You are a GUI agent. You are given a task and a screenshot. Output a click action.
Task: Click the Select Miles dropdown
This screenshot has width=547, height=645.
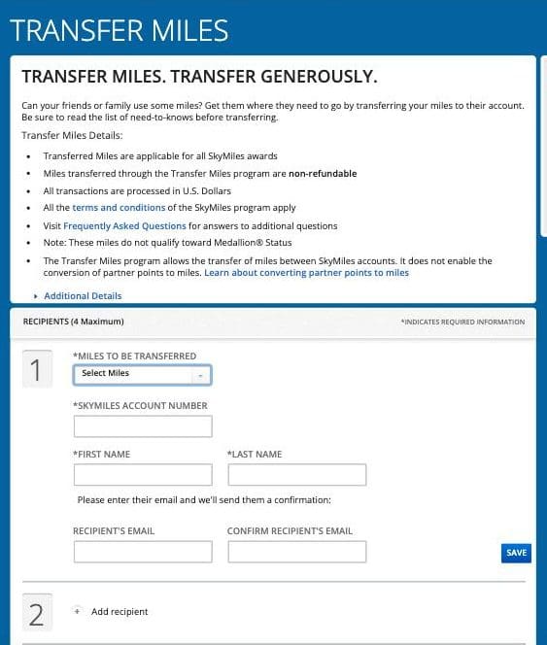pos(142,374)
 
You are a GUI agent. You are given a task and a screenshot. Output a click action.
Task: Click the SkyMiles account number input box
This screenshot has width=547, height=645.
pos(142,426)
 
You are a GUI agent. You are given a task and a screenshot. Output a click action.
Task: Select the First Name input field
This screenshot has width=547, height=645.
pos(142,475)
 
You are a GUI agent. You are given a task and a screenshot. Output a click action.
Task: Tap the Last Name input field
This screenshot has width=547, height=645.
pos(296,475)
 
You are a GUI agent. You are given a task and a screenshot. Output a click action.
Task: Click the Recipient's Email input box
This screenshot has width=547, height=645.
pos(142,552)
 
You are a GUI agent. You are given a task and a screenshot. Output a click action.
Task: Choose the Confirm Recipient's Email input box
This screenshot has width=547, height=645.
pos(296,552)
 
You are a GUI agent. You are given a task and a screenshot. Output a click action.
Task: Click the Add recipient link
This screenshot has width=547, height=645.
pos(120,612)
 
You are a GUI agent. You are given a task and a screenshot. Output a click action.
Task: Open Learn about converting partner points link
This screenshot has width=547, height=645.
pos(306,273)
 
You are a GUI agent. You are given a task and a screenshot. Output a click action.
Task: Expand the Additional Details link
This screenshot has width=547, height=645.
pos(83,295)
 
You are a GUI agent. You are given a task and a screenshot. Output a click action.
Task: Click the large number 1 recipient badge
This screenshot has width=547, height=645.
pos(37,370)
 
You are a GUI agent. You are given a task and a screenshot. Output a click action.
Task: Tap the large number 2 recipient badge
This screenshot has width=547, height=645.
pos(37,614)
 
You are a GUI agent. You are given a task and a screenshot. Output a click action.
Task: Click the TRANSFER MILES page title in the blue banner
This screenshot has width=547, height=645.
pos(120,31)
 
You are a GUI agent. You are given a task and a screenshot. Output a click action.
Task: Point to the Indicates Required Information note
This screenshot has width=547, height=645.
pos(462,322)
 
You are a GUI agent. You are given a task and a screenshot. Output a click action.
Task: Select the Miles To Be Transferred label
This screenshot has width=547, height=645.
pos(135,356)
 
